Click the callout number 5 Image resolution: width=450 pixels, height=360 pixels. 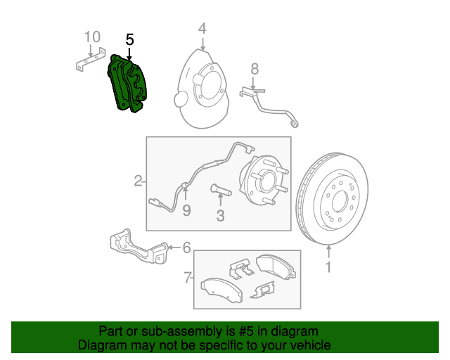129,39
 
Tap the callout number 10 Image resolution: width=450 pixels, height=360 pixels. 92,37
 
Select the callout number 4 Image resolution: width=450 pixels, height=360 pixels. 202,29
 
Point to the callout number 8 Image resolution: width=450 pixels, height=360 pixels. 255,68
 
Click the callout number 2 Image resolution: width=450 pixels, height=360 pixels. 139,181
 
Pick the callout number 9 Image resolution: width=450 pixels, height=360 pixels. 186,210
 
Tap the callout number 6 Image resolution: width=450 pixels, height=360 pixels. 186,247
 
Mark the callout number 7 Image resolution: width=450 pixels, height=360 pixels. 187,278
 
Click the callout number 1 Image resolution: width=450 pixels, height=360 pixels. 328,267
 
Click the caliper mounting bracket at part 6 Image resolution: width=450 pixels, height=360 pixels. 138,247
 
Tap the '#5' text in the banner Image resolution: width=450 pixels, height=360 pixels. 233,331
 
